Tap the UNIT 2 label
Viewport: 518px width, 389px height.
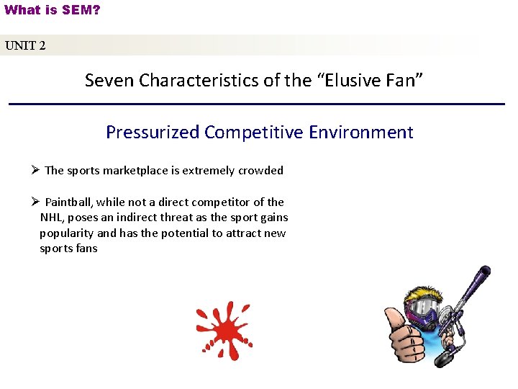25,46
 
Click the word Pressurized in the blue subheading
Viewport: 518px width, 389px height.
153,133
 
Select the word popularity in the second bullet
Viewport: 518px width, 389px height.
66,233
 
